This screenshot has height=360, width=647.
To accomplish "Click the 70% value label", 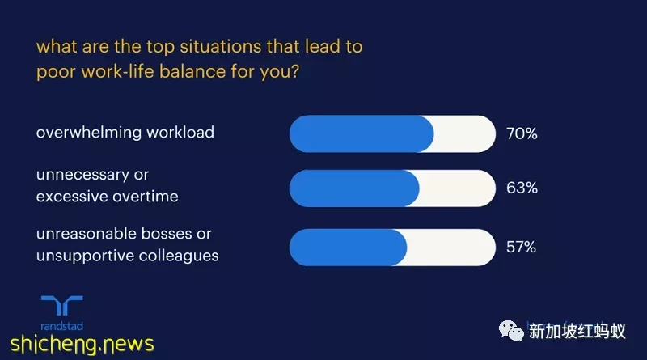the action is [522, 133].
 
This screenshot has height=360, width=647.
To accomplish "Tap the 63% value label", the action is [522, 188].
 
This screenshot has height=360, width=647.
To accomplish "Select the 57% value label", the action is [521, 248].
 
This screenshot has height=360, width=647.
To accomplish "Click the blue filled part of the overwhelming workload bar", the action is [361, 133].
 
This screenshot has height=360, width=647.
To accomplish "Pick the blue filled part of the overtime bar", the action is [354, 188].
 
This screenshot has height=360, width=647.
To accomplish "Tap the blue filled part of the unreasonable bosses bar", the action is [348, 248].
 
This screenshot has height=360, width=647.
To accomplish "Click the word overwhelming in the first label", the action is [89, 133].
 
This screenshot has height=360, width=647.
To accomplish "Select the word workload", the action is [180, 133].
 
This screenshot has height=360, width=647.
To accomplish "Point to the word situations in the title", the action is [220, 47].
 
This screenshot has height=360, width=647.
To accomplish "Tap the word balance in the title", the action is [192, 71].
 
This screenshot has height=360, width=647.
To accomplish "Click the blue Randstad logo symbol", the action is [62, 306].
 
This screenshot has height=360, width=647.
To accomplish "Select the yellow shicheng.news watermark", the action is [82, 344].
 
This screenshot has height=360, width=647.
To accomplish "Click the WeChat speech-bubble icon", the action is [511, 331].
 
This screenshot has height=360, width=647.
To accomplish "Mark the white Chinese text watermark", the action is [577, 331].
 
